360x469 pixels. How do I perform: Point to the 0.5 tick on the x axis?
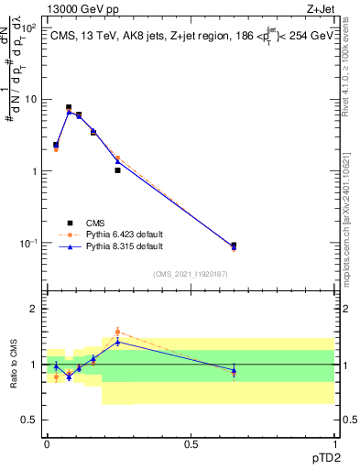point(191,443)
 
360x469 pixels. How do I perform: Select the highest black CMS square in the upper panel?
point(69,107)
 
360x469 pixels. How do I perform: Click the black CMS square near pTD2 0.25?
point(117,170)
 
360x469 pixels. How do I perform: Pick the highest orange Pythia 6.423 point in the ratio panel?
point(117,332)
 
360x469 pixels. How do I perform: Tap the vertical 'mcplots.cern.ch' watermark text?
point(353,229)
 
